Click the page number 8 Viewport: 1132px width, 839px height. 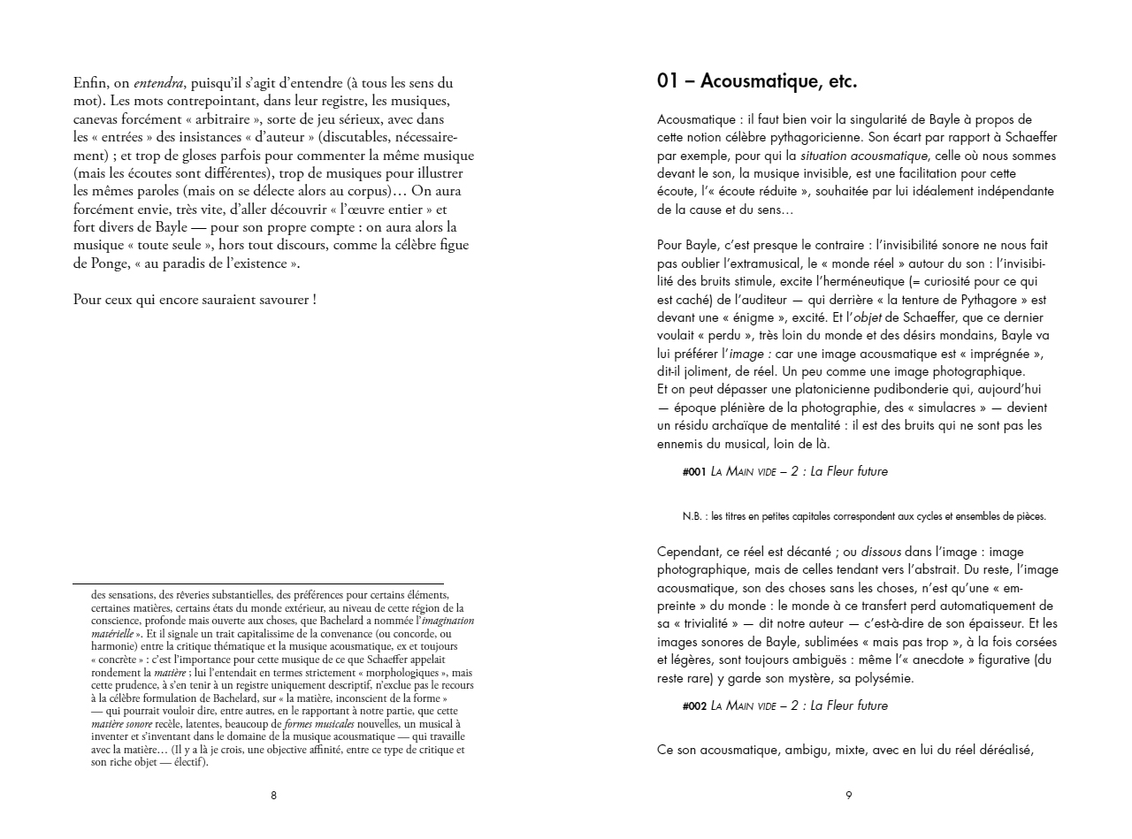(273, 796)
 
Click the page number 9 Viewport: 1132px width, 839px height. (848, 796)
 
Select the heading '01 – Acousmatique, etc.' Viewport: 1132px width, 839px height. (757, 81)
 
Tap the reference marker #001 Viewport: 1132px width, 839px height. (694, 472)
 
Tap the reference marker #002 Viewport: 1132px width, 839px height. (694, 706)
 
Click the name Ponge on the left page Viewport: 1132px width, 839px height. (92, 263)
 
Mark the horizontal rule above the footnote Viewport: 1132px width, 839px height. (257, 583)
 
